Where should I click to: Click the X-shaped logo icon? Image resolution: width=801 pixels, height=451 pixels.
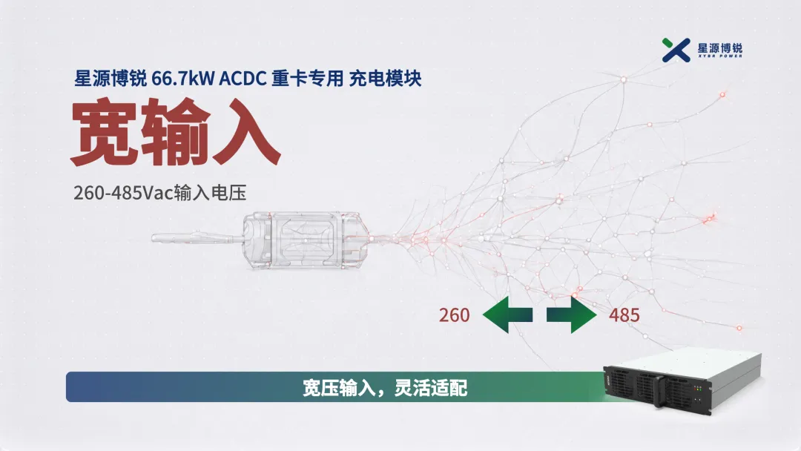coord(676,50)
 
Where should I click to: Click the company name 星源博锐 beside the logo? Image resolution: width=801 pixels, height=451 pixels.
coord(719,47)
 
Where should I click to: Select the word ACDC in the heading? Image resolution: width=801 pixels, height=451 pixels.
coord(243,79)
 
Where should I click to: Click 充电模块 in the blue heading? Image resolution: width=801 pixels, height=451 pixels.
coord(385,79)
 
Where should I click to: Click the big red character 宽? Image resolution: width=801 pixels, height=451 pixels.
coord(105,134)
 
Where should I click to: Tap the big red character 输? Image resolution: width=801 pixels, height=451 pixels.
coord(175,134)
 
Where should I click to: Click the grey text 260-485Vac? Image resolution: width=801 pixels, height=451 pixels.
coord(124,193)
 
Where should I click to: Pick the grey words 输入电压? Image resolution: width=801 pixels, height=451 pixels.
coord(211,193)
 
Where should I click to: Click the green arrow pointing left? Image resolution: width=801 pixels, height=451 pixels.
coord(507,315)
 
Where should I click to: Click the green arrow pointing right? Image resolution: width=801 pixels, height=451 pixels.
coord(572,315)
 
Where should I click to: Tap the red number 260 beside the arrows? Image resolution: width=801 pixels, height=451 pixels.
coord(454,315)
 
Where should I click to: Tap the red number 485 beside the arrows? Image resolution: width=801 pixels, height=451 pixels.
coord(624,315)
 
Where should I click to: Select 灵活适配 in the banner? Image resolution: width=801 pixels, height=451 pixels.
coord(431,388)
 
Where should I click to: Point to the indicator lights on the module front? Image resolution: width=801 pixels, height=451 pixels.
coord(697,389)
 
